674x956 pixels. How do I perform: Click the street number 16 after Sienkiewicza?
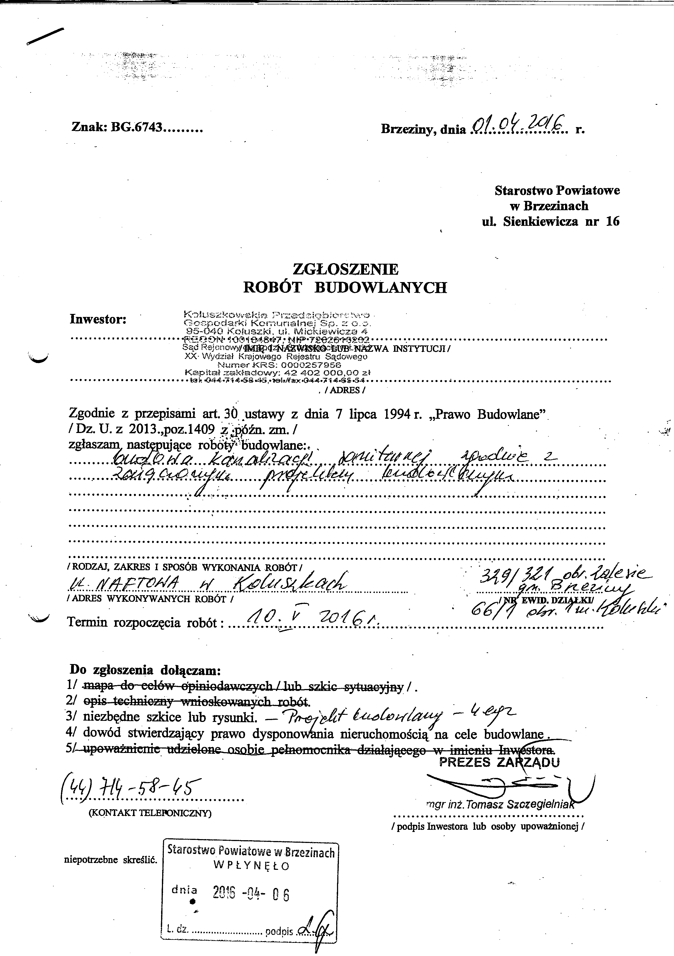612,221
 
